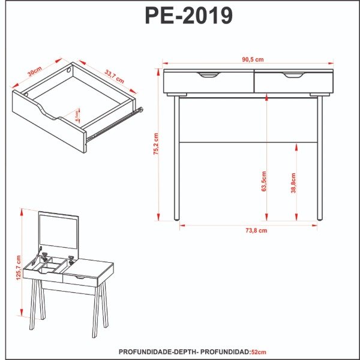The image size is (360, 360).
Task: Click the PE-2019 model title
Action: pos(188,16)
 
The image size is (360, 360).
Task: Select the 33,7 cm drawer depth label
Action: pos(113,76)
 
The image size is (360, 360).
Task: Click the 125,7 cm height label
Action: pos(19,267)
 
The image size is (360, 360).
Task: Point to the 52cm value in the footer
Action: pos(259,352)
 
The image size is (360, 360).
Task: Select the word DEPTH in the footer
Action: pos(185,352)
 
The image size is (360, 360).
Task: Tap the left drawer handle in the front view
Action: pos(209,75)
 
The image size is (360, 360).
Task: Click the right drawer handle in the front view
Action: pos(294,75)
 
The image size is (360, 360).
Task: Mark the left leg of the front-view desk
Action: pos(176,159)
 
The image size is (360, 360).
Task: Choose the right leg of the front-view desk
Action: pos(320,159)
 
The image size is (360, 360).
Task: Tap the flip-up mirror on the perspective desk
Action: pos(59,232)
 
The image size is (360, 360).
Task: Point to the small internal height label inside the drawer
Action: pos(77,113)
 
